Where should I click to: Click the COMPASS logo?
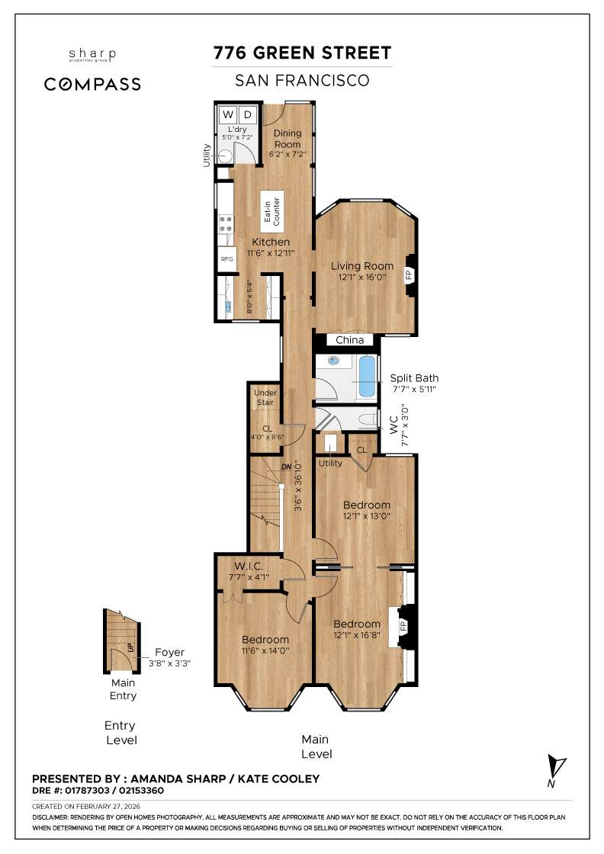(92, 84)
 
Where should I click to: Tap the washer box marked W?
(227, 115)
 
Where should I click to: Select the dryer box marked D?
(248, 115)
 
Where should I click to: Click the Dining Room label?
(288, 139)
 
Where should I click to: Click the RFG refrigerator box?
(226, 259)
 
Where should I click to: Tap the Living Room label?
(362, 266)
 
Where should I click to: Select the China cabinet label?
(350, 340)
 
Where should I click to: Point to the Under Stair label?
(265, 397)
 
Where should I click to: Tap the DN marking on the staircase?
(287, 467)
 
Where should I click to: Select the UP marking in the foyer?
(130, 649)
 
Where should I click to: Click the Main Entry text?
(124, 689)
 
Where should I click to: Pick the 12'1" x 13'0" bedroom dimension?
(366, 517)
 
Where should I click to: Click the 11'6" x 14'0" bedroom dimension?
(265, 651)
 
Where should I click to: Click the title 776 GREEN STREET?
(302, 53)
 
